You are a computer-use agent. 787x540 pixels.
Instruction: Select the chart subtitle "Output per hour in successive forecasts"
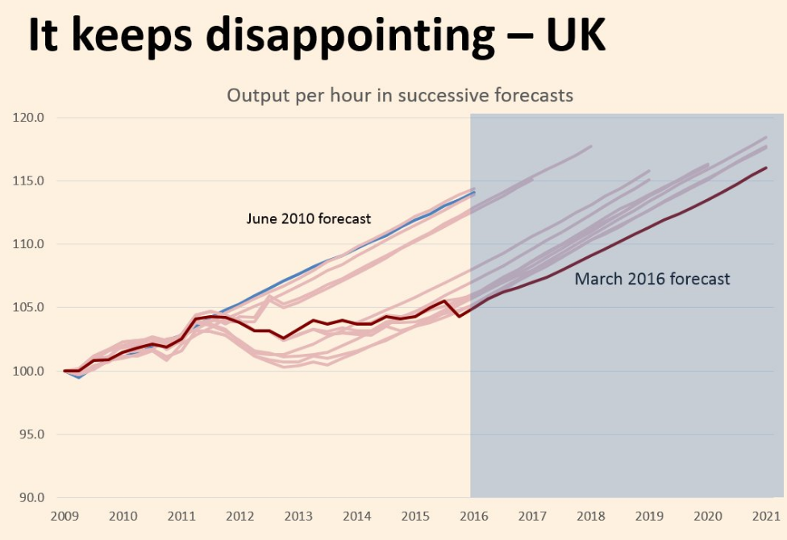click(399, 95)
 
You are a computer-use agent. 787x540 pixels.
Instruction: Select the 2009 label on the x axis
click(64, 515)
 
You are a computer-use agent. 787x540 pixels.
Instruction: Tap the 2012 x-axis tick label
click(240, 515)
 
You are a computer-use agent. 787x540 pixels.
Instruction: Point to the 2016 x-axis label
click(474, 515)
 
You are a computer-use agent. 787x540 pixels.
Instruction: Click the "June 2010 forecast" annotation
click(309, 218)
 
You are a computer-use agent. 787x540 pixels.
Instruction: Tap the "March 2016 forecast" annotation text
click(652, 280)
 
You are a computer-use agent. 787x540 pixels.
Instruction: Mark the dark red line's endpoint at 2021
click(766, 168)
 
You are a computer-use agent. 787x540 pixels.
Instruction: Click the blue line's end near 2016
click(474, 193)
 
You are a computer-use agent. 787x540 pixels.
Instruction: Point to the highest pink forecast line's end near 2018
click(591, 146)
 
